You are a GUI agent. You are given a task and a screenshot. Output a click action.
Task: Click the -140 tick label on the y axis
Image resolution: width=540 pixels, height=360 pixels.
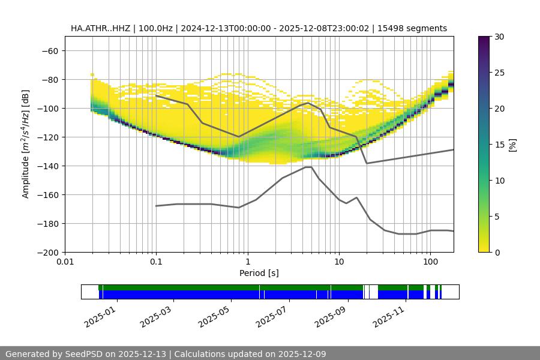click(50, 166)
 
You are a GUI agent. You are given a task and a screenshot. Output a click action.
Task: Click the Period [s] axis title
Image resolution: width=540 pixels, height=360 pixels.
click(259, 273)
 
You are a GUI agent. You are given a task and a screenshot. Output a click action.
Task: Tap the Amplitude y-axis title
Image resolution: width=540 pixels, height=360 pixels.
click(26, 144)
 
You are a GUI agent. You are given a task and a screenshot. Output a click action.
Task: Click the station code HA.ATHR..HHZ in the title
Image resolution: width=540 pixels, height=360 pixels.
click(101, 28)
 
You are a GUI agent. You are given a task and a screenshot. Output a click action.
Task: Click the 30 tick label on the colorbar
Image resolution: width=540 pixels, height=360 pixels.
click(499, 37)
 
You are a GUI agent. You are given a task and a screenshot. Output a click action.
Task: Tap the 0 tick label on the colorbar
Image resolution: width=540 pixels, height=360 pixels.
click(497, 252)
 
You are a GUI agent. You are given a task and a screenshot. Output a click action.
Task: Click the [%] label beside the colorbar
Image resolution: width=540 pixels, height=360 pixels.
click(513, 144)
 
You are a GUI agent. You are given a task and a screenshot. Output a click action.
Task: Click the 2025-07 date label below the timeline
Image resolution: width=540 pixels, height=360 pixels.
click(274, 316)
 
